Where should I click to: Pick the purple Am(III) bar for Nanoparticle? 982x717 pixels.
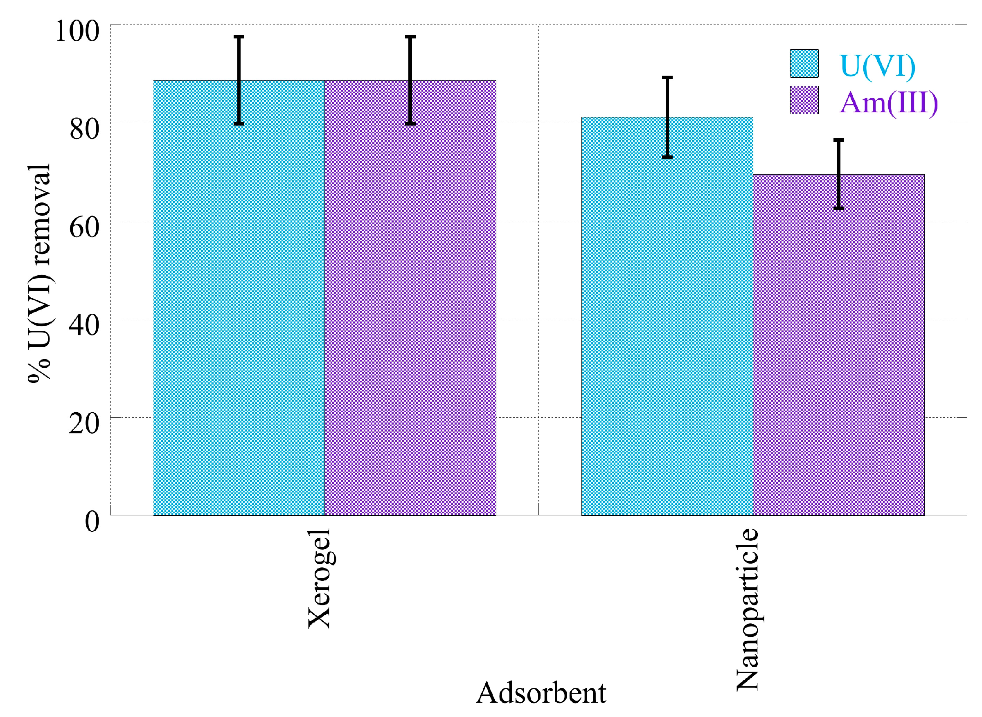[838, 347]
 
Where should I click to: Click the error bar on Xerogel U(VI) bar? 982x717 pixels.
[239, 80]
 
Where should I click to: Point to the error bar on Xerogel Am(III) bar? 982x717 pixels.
[410, 80]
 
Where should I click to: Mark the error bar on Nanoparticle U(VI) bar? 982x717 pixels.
[667, 117]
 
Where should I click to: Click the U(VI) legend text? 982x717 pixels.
[877, 66]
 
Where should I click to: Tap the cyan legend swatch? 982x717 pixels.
[804, 63]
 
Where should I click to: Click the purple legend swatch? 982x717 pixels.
[804, 100]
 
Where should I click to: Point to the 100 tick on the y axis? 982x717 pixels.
[77, 31]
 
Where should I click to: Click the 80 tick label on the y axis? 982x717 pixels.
[84, 129]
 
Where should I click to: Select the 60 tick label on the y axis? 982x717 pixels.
[84, 227]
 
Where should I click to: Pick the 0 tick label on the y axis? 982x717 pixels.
[92, 521]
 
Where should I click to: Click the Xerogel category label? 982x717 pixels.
[320, 578]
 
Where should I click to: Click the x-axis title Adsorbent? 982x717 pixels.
[541, 693]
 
